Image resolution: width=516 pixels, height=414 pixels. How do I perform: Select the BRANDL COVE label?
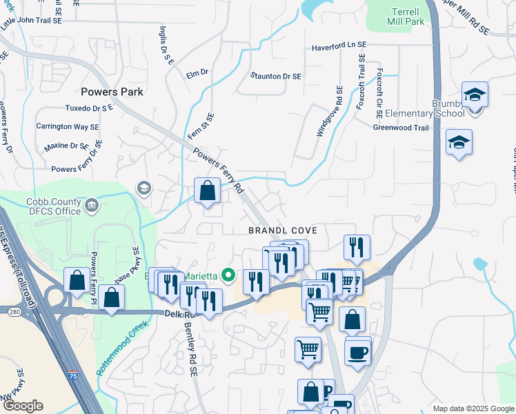[x=279, y=233]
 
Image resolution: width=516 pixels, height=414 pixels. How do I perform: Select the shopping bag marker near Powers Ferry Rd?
[x=207, y=190]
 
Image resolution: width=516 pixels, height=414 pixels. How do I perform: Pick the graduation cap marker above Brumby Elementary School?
[x=475, y=95]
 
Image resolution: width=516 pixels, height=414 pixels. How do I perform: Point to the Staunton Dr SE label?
[x=276, y=76]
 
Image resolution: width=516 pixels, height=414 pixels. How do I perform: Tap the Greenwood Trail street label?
[x=401, y=128]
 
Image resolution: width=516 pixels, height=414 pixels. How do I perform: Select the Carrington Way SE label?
[x=67, y=127]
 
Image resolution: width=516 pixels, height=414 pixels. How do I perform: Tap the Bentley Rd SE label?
[x=190, y=351]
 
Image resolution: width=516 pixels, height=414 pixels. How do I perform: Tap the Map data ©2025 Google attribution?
[x=472, y=408]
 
